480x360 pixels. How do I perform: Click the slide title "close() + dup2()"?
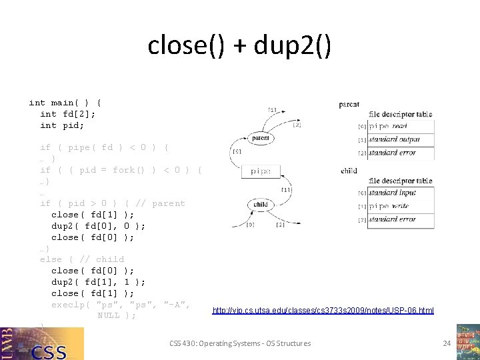pyautogui.click(x=239, y=46)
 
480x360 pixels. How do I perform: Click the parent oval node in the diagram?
pyautogui.click(x=261, y=139)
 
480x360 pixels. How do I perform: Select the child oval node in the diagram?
pyautogui.click(x=261, y=204)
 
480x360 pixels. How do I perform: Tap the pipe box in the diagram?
pyautogui.click(x=261, y=171)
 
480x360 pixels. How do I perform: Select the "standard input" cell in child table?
pyautogui.click(x=399, y=193)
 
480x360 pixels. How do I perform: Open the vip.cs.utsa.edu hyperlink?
pyautogui.click(x=323, y=310)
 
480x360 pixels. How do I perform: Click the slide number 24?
pyautogui.click(x=447, y=343)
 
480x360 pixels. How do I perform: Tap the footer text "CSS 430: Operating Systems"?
pyautogui.click(x=240, y=343)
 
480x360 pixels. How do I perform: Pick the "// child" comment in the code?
pyautogui.click(x=101, y=259)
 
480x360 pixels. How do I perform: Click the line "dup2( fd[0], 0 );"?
pyautogui.click(x=99, y=226)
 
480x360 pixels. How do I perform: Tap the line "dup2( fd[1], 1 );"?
pyautogui.click(x=99, y=282)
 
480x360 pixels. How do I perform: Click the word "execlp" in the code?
pyautogui.click(x=67, y=305)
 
